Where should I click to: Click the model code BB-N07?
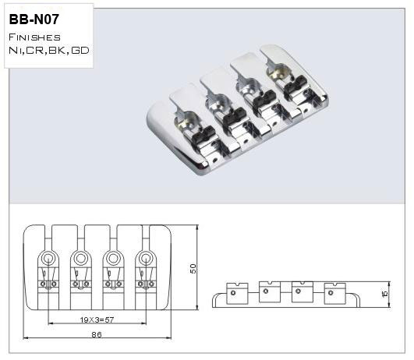[x=34, y=19]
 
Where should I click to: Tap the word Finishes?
[x=34, y=37]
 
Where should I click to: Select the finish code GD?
[x=80, y=50]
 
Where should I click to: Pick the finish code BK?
[x=57, y=50]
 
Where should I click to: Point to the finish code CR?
[x=35, y=50]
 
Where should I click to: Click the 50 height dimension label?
[x=193, y=269]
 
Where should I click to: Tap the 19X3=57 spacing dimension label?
[x=97, y=320]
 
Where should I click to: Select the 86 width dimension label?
[x=97, y=334]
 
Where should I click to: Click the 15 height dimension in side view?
[x=385, y=294]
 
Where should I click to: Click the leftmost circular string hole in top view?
[x=48, y=258]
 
